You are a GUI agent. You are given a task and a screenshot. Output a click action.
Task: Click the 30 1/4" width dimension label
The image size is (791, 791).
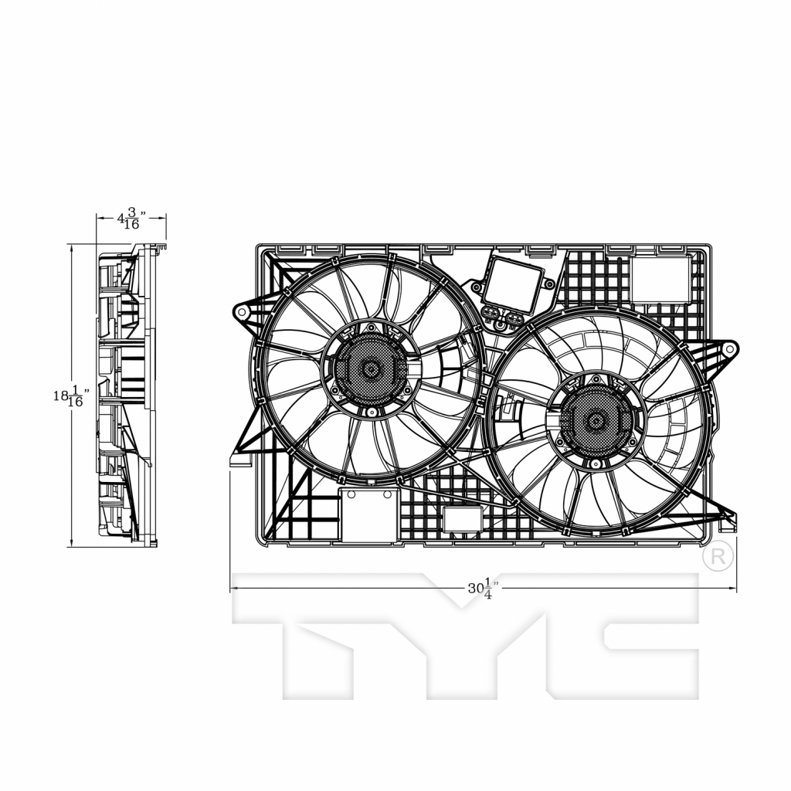tap(480, 588)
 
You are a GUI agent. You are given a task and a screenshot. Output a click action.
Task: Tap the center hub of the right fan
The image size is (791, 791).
tap(596, 421)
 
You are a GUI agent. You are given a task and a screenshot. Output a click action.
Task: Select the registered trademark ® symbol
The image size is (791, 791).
tap(717, 557)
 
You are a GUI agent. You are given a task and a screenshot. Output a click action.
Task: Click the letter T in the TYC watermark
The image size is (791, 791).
tap(309, 633)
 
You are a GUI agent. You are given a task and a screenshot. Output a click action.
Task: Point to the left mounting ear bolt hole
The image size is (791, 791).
tap(242, 312)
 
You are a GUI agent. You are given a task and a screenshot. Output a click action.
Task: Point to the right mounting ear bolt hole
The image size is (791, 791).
tap(728, 348)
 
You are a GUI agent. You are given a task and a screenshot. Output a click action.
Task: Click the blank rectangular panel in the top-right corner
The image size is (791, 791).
tap(660, 279)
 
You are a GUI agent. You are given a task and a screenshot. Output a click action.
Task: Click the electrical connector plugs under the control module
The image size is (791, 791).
tap(503, 315)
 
